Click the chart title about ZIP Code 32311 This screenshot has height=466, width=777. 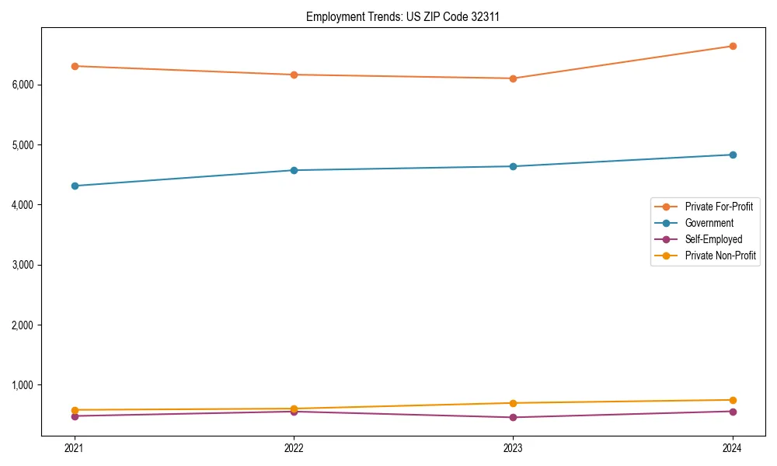[402, 16]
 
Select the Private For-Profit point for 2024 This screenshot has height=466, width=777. [732, 46]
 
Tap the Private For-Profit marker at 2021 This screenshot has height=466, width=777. [75, 66]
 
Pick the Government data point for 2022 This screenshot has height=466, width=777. [294, 170]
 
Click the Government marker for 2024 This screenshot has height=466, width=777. [732, 155]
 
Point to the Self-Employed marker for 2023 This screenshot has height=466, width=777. [513, 417]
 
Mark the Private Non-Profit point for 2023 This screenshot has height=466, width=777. [513, 403]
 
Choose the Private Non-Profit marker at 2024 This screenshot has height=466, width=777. [732, 400]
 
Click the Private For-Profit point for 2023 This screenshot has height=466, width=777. [513, 78]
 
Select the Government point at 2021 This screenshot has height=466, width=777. [75, 186]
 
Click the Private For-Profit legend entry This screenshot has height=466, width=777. [719, 207]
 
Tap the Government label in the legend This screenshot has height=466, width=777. [709, 223]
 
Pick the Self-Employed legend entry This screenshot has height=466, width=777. [713, 239]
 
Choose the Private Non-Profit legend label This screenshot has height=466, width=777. [720, 256]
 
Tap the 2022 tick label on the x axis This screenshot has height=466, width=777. [294, 447]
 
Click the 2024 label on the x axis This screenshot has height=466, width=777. [732, 447]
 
